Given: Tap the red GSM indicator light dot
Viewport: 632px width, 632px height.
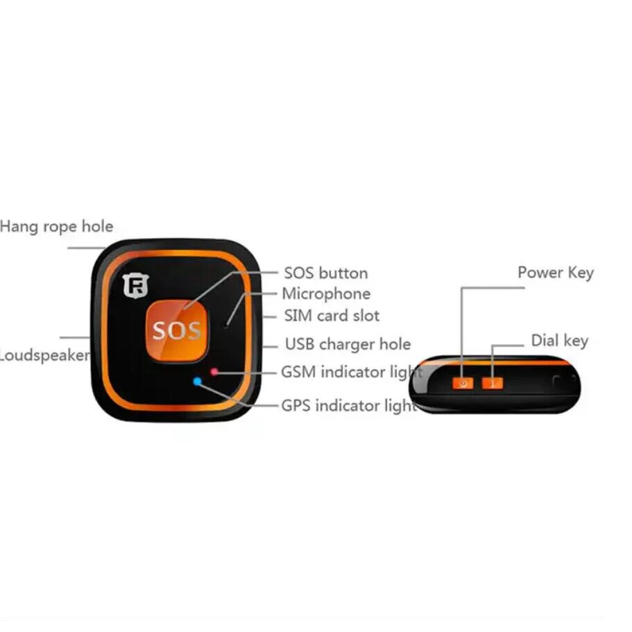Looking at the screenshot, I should click(214, 372).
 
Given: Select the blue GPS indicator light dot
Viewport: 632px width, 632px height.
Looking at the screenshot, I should click(198, 381).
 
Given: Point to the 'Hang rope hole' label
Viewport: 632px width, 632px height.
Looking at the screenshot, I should click(56, 227).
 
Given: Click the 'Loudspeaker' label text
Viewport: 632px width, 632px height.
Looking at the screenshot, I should click(44, 356).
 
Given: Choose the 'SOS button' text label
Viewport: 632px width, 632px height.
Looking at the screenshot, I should click(325, 273).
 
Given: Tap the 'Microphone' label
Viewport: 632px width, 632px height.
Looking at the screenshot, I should click(325, 293).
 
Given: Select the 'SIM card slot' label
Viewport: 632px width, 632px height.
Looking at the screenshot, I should click(332, 316).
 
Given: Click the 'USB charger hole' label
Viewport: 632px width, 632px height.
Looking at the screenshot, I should click(348, 344).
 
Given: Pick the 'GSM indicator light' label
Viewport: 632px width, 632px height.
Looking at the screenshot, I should click(351, 372).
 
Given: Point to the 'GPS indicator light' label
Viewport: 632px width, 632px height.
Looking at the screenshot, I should click(349, 405).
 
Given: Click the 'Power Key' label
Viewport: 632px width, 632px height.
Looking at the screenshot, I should click(555, 273).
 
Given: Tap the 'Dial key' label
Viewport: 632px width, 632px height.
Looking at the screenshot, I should click(559, 341).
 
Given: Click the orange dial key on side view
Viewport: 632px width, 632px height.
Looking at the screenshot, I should click(492, 383).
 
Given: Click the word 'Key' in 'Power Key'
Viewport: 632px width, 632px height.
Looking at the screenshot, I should click(580, 273).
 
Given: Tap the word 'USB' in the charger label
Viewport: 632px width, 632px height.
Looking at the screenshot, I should click(300, 344).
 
